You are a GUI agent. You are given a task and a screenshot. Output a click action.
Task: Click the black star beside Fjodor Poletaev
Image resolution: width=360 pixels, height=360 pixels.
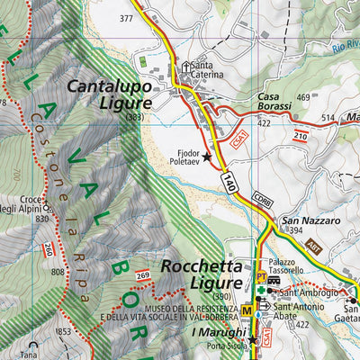click(x=207, y=157)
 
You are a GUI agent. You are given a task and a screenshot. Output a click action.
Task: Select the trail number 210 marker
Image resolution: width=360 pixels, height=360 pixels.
click(x=301, y=135)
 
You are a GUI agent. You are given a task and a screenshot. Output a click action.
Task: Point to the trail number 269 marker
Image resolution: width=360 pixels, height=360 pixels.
click(x=142, y=274)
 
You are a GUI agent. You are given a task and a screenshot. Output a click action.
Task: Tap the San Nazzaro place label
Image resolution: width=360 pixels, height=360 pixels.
click(x=310, y=220)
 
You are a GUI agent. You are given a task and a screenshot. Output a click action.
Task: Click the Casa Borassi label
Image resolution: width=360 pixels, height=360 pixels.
click(x=274, y=106)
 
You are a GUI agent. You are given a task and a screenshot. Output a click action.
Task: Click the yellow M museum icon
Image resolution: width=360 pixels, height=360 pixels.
click(x=246, y=311)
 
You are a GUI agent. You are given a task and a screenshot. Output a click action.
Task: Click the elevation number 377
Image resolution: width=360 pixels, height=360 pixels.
click(x=126, y=18)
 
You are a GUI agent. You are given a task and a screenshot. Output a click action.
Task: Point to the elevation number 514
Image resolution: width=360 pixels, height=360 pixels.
click(x=328, y=117)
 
